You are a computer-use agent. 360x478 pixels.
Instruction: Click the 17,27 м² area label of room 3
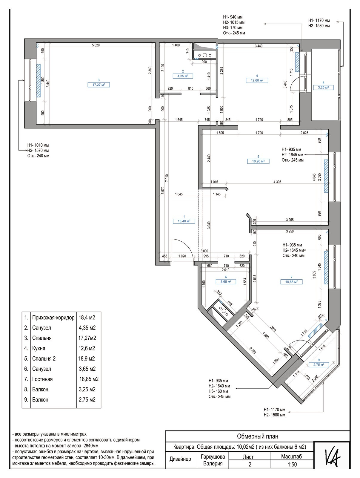click(x=99, y=85)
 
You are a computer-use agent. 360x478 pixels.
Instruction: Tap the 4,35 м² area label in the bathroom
click(x=183, y=76)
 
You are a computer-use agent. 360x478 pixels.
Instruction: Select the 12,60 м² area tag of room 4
click(x=257, y=80)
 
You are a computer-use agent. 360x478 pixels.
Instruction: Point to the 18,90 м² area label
click(x=258, y=161)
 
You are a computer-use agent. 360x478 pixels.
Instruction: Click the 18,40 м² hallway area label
click(x=184, y=221)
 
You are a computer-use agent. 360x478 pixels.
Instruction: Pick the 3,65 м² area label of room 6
click(x=226, y=282)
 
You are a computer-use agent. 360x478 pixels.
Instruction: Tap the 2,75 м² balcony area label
click(x=319, y=364)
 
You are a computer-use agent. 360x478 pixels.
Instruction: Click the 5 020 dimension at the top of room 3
click(x=96, y=45)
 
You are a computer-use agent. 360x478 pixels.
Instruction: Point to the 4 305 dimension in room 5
click(x=277, y=182)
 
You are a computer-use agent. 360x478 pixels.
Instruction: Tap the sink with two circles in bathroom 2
click(x=204, y=55)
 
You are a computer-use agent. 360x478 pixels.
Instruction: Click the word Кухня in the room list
click(x=39, y=348)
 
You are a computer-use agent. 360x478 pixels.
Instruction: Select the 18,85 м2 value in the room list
click(x=89, y=379)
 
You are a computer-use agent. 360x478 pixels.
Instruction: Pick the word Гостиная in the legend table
click(x=42, y=379)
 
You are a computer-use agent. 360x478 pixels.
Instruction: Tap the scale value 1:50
click(x=292, y=464)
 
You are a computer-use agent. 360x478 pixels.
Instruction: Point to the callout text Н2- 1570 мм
click(x=38, y=151)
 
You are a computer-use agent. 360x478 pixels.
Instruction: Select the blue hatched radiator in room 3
click(x=38, y=81)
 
